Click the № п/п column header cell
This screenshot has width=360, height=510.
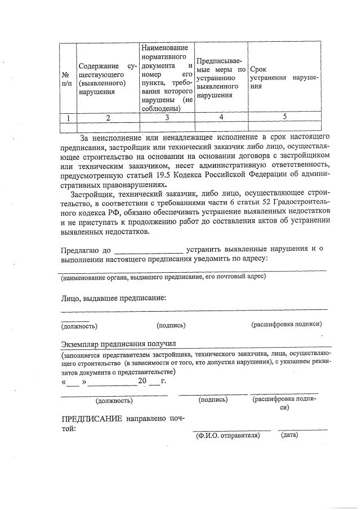[x=66, y=78]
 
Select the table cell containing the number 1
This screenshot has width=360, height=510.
[x=68, y=117]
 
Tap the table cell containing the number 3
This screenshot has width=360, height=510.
[x=167, y=117]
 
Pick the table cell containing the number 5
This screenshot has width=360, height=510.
[x=285, y=117]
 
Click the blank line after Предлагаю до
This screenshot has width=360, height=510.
[x=149, y=249]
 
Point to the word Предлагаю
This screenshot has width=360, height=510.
[x=79, y=249]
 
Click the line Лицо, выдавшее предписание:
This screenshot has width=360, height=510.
[x=114, y=297]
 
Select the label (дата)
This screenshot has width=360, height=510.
[x=290, y=434]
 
